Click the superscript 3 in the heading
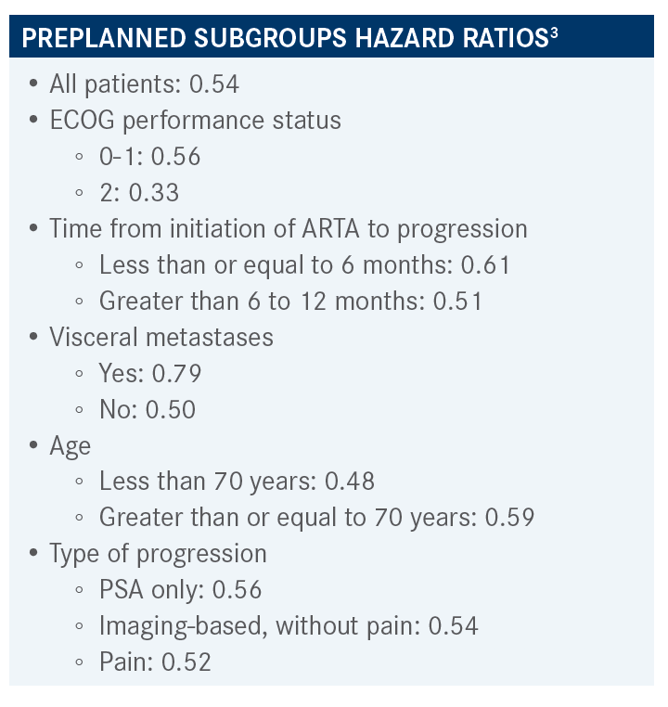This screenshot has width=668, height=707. click(x=554, y=32)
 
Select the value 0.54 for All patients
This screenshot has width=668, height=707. click(x=214, y=84)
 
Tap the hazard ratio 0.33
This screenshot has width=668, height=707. click(x=154, y=193)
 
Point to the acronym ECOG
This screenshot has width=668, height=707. click(x=83, y=121)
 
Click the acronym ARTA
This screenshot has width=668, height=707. click(x=331, y=228)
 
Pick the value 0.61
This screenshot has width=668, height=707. click(x=485, y=264)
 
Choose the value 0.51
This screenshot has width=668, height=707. click(x=457, y=301)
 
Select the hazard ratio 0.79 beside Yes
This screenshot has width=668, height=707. click(x=176, y=373)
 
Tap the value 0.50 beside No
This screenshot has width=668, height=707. click(x=171, y=409)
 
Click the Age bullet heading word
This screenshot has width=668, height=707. click(x=71, y=446)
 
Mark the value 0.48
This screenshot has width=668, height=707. click(x=350, y=482)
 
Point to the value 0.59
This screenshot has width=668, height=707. click(x=509, y=517)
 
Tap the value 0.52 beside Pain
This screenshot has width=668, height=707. click(x=186, y=662)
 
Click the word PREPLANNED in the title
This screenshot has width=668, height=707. click(x=104, y=38)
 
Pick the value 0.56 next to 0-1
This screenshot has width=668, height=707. click(x=175, y=157)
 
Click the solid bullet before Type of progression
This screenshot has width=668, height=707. click(x=33, y=553)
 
